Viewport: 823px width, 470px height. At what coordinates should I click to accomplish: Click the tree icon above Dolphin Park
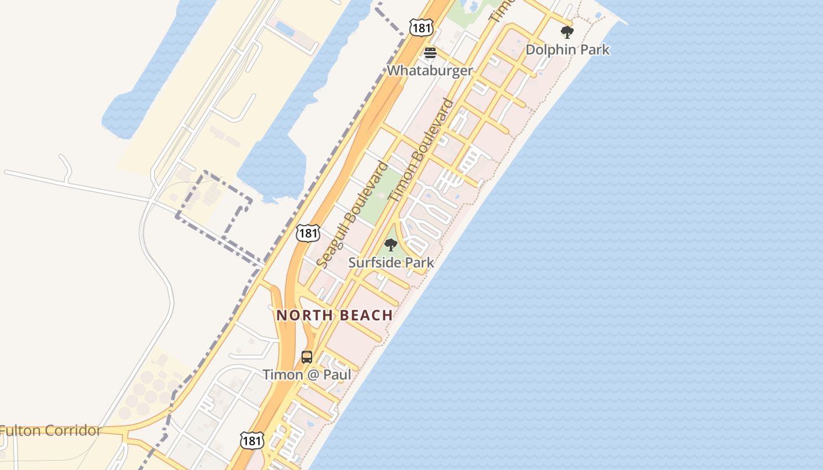point(567,32)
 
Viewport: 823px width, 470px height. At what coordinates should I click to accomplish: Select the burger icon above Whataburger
point(430,53)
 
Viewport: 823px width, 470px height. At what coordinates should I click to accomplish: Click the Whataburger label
point(430,70)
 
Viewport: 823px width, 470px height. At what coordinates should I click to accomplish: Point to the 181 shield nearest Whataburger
point(421,26)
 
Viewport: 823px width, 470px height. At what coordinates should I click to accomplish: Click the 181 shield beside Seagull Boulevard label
point(307,233)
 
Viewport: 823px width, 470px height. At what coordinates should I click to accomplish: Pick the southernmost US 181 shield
point(252,440)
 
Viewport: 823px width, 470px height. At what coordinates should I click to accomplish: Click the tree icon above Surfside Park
point(390,245)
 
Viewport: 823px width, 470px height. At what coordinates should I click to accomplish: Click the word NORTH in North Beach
point(302,315)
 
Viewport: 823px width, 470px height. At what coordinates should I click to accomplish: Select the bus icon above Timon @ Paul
point(307,357)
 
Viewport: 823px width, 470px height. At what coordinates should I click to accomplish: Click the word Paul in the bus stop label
point(337,375)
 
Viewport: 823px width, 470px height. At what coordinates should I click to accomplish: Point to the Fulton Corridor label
point(51,431)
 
